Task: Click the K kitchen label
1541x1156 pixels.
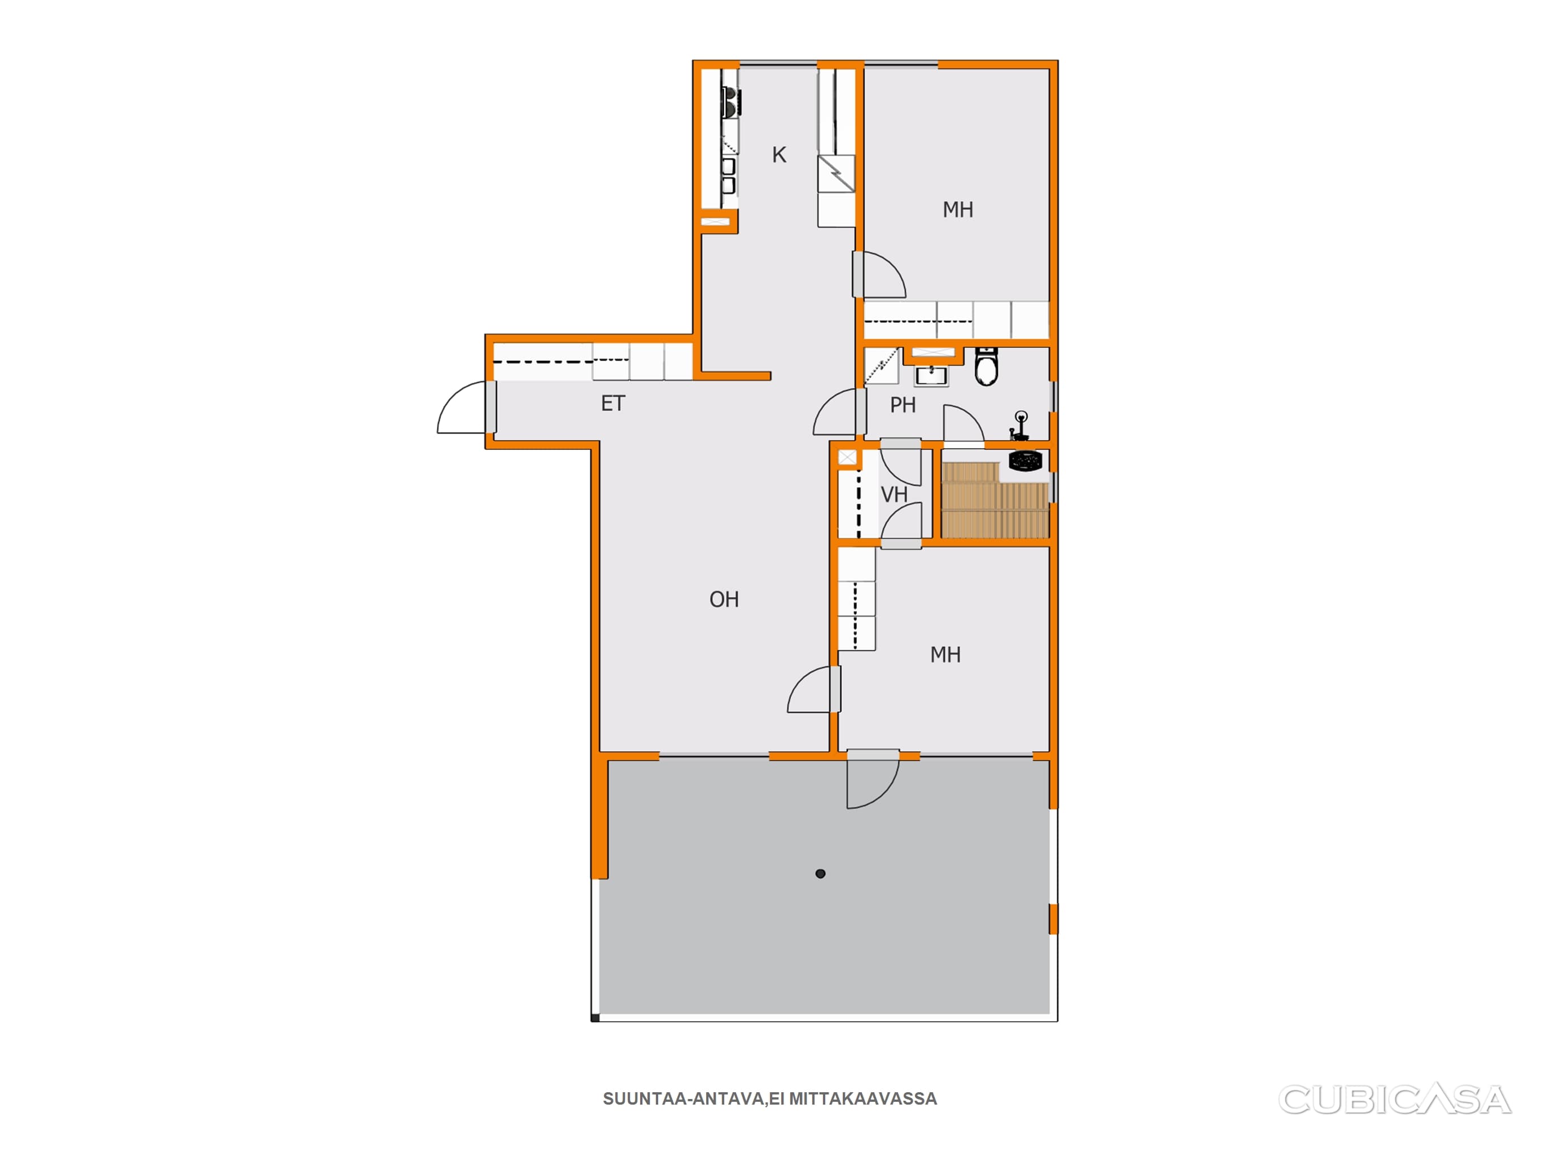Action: pos(779,155)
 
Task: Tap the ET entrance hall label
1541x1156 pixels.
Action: pos(613,404)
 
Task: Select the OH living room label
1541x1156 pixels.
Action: pos(724,599)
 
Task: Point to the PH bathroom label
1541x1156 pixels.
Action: pos(903,405)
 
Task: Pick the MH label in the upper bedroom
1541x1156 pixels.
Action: pos(957,210)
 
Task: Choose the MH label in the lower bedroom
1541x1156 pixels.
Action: pos(945,655)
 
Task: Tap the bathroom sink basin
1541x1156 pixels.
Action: pos(931,375)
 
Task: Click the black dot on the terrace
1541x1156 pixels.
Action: pos(820,874)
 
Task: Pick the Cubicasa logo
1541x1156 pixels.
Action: pos(1395,1100)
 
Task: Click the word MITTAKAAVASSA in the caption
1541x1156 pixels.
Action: pos(863,1099)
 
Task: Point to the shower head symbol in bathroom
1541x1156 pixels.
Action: pos(1020,426)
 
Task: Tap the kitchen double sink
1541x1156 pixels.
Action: pos(729,176)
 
